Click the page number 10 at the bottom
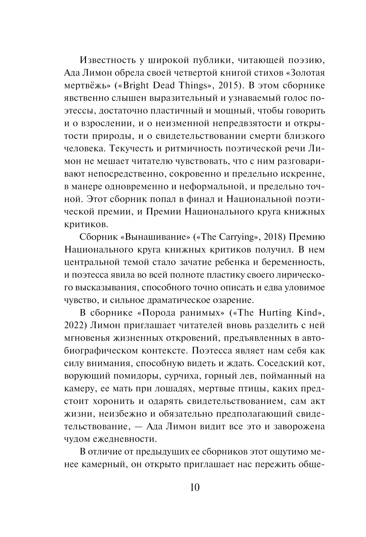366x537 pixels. click(x=195, y=487)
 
